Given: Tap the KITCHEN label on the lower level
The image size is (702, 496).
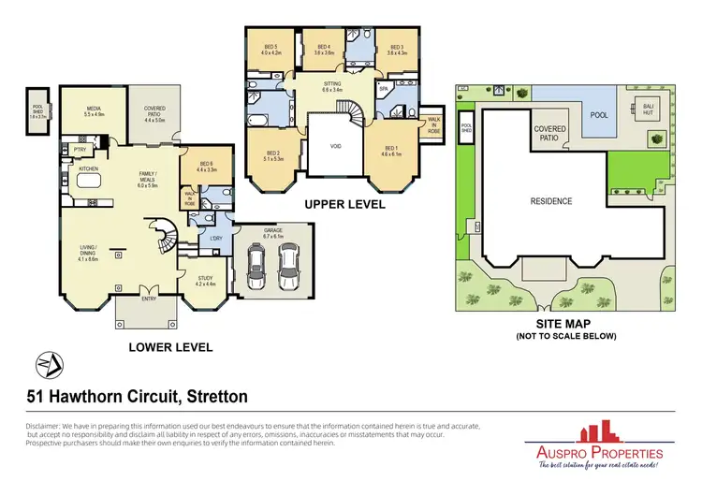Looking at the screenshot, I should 89,169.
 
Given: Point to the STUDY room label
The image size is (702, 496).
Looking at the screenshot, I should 206,278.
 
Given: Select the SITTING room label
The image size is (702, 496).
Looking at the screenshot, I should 332,83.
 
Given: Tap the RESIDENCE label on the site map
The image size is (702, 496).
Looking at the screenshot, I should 551,201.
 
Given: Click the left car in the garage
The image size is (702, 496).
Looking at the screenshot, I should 255,268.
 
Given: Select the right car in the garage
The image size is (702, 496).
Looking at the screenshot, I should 290,268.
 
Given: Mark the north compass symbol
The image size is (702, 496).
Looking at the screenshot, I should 44,362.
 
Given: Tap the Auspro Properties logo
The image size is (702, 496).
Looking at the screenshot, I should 593,448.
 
